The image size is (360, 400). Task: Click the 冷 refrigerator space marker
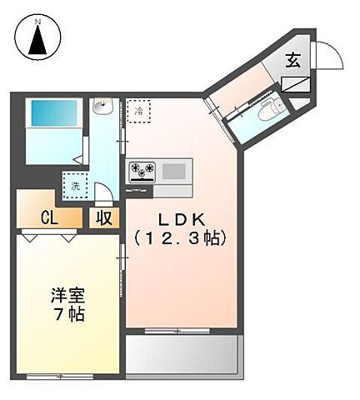[x=138, y=111]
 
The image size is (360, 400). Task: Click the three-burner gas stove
[x=141, y=172]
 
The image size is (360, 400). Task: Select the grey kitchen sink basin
[x=172, y=172]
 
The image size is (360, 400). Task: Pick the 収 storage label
[x=103, y=218]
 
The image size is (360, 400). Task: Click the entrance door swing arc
[x=328, y=57]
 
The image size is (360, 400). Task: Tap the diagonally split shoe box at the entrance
[x=296, y=84]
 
